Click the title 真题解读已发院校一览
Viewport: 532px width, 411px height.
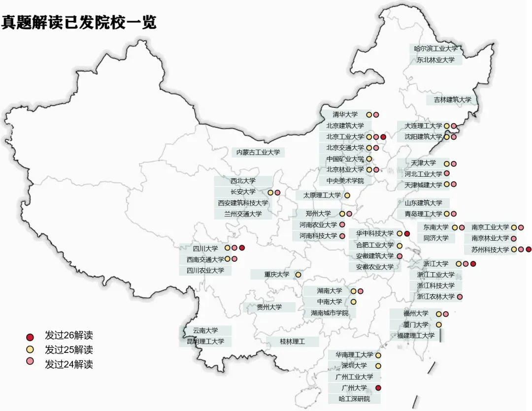pyautogui.click(x=79, y=22)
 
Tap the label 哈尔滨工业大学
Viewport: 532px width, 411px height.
pyautogui.click(x=436, y=49)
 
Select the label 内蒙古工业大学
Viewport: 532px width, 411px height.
pyautogui.click(x=258, y=153)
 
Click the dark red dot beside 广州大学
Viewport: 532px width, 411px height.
pyautogui.click(x=378, y=388)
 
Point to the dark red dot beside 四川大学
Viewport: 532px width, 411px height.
pyautogui.click(x=242, y=248)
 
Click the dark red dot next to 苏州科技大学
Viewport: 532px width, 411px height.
pyautogui.click(x=529, y=250)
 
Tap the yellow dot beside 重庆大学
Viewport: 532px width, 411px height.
pyautogui.click(x=298, y=274)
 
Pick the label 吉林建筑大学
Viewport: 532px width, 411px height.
pyautogui.click(x=452, y=100)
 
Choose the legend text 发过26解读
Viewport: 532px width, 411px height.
pyautogui.click(x=68, y=336)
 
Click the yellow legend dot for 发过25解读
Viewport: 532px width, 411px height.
pyautogui.click(x=30, y=350)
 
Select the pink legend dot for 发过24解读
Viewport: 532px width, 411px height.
pyautogui.click(x=30, y=364)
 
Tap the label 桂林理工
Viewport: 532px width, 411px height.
pyautogui.click(x=293, y=341)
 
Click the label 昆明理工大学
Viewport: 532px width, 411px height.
pyautogui.click(x=205, y=341)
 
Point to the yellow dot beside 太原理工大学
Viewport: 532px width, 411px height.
pyautogui.click(x=347, y=195)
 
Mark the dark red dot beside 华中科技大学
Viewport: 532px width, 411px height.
pyautogui.click(x=407, y=233)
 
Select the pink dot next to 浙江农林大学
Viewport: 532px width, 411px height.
pyautogui.click(x=460, y=297)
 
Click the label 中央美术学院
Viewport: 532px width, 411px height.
pyautogui.click(x=345, y=181)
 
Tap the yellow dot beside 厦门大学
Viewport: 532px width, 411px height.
pyautogui.click(x=438, y=325)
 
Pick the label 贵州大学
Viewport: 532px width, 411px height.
pyautogui.click(x=269, y=307)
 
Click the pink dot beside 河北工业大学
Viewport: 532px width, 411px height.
pyautogui.click(x=447, y=174)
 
